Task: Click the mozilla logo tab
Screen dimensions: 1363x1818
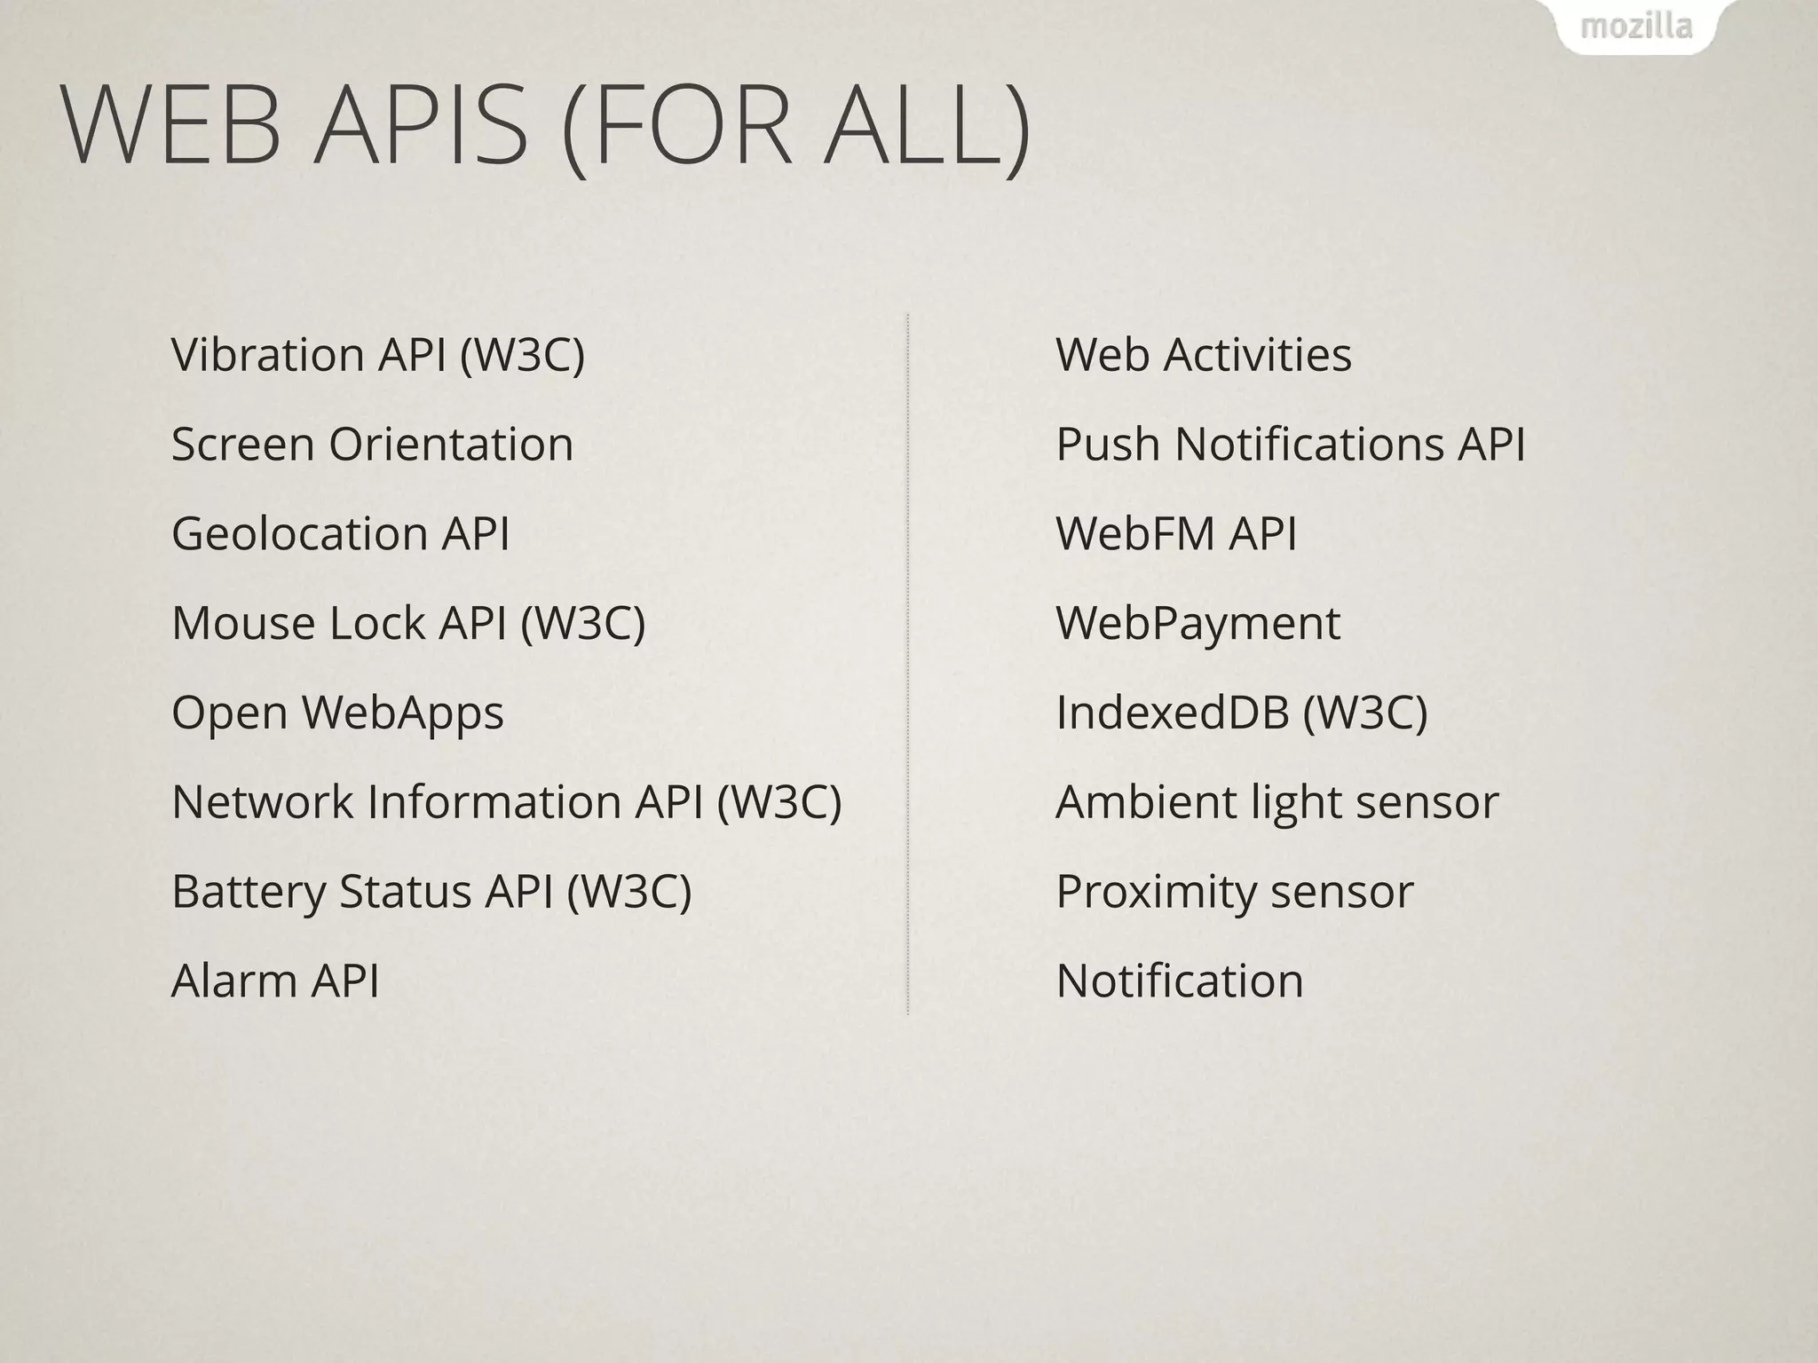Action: [1636, 27]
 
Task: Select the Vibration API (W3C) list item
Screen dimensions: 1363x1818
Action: [377, 355]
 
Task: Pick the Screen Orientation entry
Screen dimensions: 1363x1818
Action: [372, 444]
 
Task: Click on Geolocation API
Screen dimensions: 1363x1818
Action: [340, 533]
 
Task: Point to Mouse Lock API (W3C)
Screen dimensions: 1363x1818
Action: [407, 623]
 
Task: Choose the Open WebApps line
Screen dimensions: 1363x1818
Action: [337, 713]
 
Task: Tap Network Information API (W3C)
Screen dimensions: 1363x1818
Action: [506, 802]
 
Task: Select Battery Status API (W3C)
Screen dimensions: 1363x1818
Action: [431, 892]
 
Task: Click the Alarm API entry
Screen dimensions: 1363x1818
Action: [275, 981]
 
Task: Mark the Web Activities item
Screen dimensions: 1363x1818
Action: [1203, 355]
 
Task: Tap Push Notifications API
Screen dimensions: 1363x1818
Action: [1290, 444]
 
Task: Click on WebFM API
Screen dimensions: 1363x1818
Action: [1176, 533]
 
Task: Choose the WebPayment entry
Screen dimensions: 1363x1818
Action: [1198, 623]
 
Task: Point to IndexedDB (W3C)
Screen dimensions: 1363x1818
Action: [1241, 713]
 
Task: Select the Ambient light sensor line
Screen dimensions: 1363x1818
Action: [1277, 802]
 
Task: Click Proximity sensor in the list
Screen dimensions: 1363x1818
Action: [1234, 892]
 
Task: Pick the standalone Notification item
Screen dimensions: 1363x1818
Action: [1180, 981]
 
